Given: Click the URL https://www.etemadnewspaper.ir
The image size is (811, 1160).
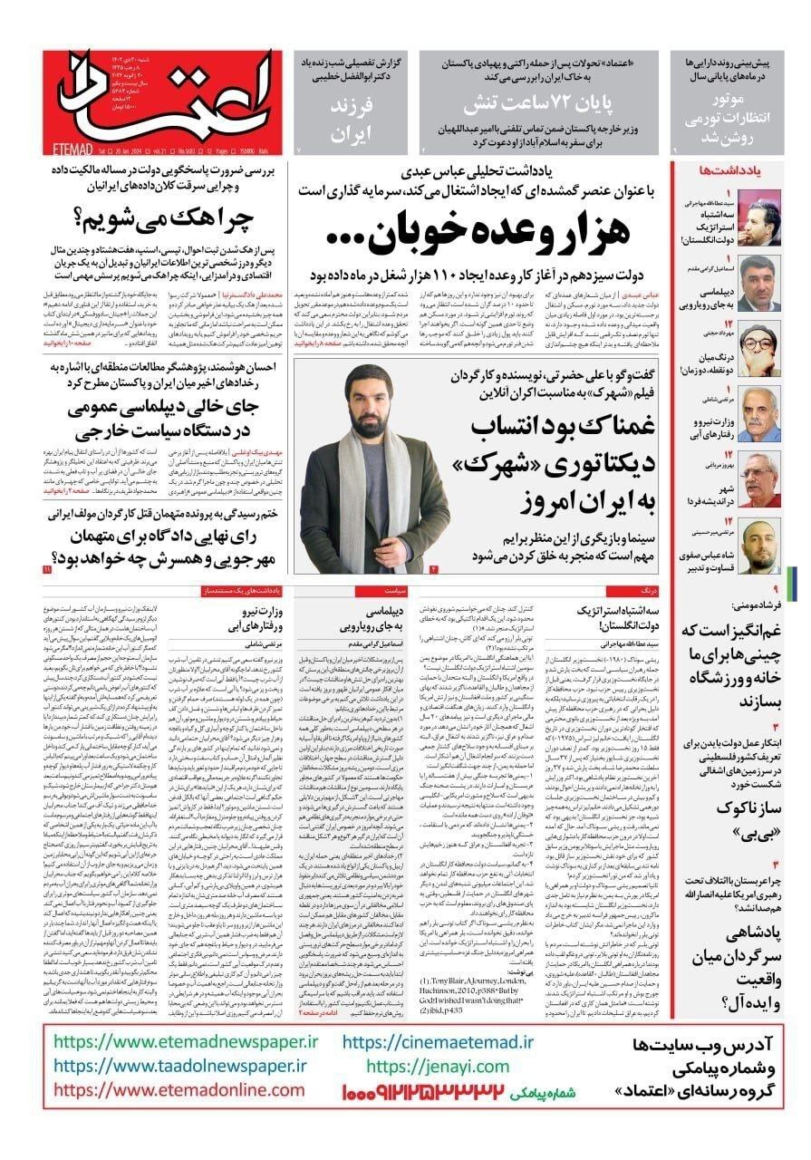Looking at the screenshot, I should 174,1042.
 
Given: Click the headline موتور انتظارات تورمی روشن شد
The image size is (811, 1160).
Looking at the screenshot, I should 736,108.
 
